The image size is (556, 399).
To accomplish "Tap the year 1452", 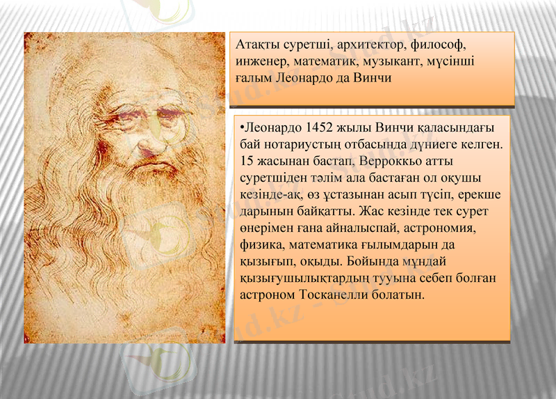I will pyautogui.click(x=320, y=130).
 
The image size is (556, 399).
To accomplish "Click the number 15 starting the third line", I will pyautogui.click(x=245, y=162).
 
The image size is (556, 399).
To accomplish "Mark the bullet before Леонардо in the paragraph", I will pyautogui.click(x=238, y=130).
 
